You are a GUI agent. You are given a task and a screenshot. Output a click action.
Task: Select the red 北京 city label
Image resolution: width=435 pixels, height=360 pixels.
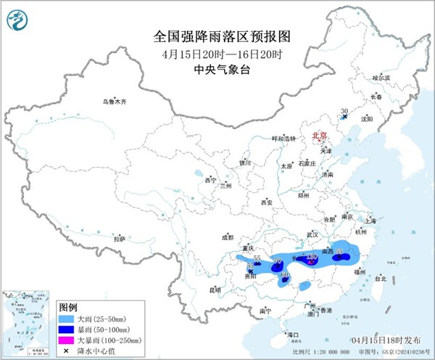pyautogui.click(x=319, y=136)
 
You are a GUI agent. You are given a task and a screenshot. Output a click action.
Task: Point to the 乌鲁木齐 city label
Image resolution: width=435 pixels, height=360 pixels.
pyautogui.click(x=114, y=102)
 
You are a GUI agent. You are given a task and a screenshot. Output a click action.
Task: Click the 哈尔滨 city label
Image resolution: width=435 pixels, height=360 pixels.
pyautogui.click(x=381, y=78)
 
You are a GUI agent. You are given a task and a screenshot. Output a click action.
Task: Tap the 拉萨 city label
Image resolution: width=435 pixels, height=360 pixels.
pyautogui.click(x=119, y=238)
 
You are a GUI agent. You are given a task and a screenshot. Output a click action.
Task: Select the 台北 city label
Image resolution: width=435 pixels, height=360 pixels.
pyautogui.click(x=380, y=277)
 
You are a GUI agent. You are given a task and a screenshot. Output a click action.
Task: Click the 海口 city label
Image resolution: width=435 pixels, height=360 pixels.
pyautogui.click(x=292, y=335)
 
